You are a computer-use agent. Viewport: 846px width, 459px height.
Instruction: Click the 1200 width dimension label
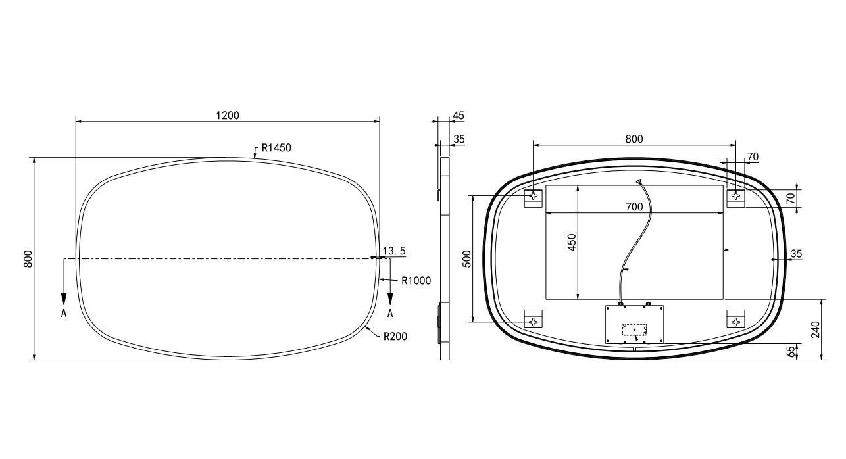coord(228,115)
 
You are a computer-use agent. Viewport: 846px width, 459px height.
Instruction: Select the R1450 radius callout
coord(276,147)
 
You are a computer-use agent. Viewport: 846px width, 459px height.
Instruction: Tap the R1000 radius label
coord(416,280)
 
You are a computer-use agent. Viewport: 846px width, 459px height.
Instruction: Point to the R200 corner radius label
coord(395,336)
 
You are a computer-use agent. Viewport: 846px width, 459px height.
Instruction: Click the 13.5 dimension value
coord(394,251)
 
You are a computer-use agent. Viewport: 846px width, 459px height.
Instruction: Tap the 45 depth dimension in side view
coord(458,116)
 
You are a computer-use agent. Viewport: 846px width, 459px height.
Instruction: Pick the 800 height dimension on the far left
coord(28,259)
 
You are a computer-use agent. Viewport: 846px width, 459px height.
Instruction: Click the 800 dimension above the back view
coord(634,139)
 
